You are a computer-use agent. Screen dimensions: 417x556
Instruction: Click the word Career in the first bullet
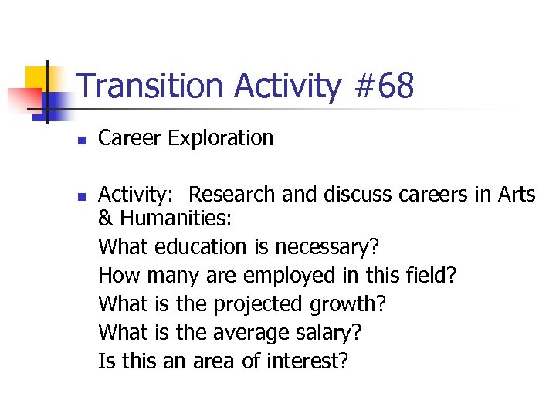click(x=130, y=138)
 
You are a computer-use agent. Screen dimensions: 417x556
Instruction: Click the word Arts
click(x=516, y=195)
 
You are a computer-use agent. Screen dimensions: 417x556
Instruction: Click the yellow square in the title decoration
click(x=36, y=77)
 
